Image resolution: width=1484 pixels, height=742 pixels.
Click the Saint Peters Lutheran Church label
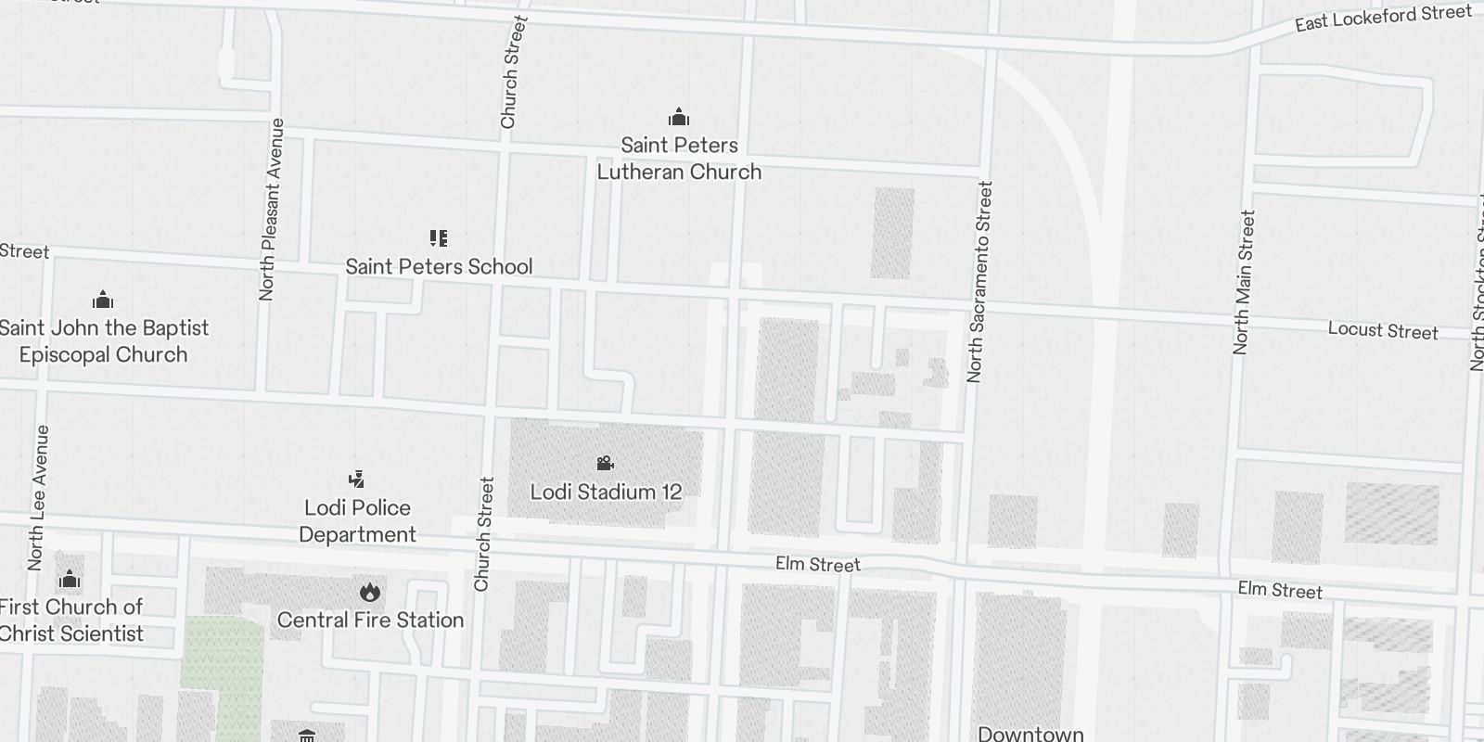coord(679,159)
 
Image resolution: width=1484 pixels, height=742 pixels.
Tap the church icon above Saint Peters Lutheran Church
coord(679,118)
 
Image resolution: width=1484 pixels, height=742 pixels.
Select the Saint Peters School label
coord(439,267)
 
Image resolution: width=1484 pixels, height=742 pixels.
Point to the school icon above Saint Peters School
coord(439,238)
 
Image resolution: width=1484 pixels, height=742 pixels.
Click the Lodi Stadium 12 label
coord(606,492)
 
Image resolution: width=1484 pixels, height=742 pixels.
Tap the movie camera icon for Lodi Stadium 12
coord(605,463)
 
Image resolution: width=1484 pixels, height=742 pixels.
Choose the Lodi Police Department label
coord(357,521)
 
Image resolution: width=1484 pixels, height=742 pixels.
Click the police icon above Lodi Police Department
coord(356,479)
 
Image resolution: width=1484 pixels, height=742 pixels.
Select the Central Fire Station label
coord(370,620)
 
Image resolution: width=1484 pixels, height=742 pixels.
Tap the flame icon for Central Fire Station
coord(369,592)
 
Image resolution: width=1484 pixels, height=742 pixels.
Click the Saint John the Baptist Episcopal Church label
coord(104,341)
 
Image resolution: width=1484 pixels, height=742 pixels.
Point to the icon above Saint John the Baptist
coord(103,300)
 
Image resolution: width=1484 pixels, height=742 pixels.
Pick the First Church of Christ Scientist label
coord(71,620)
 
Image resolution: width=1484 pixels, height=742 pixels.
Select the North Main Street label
coord(1243,282)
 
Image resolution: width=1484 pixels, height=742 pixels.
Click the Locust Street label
coord(1382,331)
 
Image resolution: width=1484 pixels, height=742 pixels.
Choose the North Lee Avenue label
coord(38,498)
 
